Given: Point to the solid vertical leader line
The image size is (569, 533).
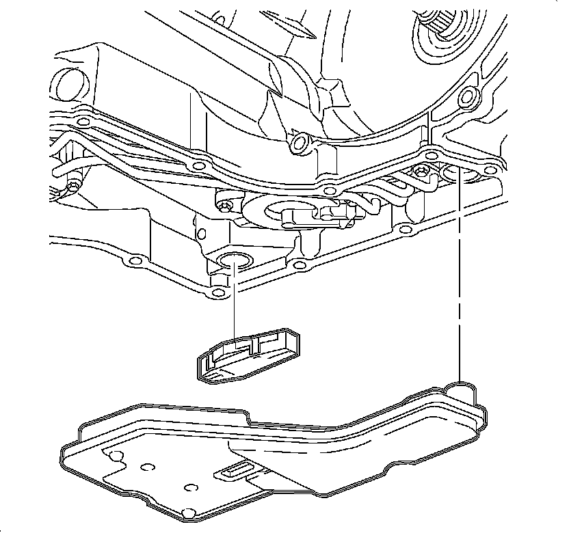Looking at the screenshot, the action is point(234,301).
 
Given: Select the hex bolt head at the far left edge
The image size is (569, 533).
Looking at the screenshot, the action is point(72,186).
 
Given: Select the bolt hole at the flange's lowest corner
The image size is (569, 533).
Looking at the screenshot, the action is point(217,293).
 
